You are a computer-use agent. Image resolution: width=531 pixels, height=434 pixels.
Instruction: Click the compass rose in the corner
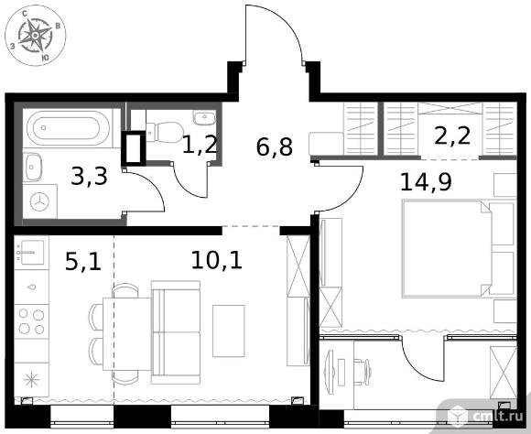tap(35, 35)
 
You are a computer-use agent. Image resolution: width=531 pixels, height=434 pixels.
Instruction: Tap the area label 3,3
tap(90, 177)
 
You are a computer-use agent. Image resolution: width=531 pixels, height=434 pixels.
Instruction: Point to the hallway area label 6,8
tap(275, 146)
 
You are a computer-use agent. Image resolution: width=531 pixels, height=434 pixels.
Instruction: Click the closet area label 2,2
tap(452, 136)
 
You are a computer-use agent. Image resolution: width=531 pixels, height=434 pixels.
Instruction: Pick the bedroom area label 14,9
tap(426, 182)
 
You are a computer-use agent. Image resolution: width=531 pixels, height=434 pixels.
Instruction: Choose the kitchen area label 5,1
tap(83, 261)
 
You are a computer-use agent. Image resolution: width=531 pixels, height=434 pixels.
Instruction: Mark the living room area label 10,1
tap(217, 260)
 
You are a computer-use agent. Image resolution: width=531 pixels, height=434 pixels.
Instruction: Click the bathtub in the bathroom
tap(69, 127)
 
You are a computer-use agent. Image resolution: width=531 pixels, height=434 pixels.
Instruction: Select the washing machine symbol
tap(40, 201)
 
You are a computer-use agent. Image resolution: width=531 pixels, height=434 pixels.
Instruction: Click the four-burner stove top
tap(31, 321)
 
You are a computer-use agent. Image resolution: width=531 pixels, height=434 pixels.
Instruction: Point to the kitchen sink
tap(31, 253)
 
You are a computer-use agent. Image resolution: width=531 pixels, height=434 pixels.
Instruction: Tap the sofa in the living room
tap(176, 332)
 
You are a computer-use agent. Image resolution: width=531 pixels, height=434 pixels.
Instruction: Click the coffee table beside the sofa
tap(229, 331)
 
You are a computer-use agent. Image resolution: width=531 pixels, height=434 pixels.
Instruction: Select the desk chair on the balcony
tap(362, 372)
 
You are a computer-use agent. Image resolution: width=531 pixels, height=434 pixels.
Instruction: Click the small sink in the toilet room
tap(204, 117)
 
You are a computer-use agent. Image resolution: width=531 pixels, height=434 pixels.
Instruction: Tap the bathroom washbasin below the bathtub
tap(33, 167)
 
